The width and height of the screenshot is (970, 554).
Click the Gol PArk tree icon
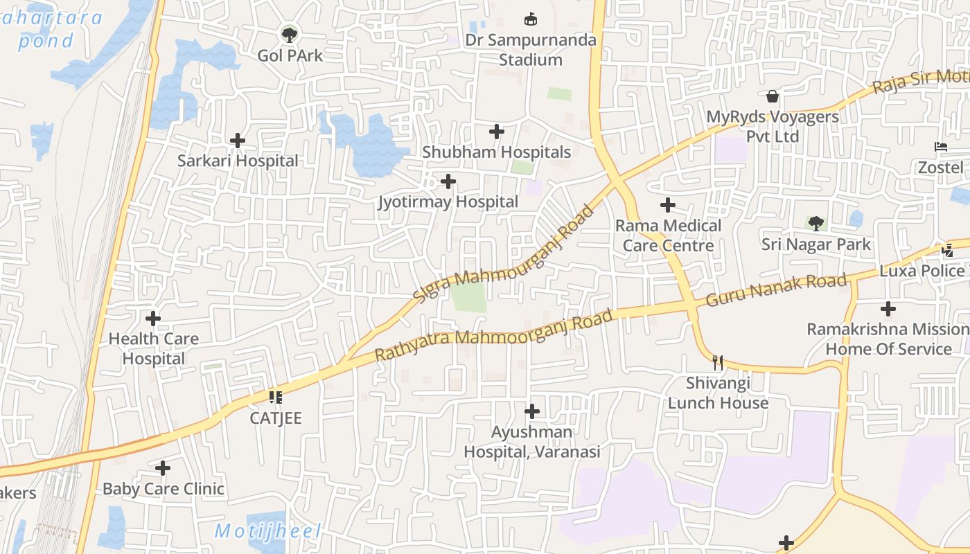coord(289,33)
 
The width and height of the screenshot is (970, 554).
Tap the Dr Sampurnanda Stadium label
coord(531,50)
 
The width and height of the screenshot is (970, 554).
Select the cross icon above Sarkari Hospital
coord(238,141)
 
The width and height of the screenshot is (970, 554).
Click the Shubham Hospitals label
coord(496,152)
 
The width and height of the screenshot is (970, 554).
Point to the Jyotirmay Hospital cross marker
coord(448,181)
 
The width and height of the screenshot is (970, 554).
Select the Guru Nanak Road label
coord(776,290)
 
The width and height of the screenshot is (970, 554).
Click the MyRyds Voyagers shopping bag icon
coord(773,96)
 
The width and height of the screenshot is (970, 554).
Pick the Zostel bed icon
coord(940,147)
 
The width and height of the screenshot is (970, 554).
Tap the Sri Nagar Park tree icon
coord(816,223)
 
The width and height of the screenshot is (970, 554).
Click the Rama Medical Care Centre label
coord(668,235)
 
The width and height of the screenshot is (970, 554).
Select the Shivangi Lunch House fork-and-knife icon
coord(718,361)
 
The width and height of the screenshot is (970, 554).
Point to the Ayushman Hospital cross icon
coord(531,411)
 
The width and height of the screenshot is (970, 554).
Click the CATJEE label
coord(276,418)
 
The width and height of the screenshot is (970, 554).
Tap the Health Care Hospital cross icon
coord(153,319)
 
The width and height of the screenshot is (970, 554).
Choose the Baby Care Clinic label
coord(164,489)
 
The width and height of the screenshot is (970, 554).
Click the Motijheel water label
coord(267,532)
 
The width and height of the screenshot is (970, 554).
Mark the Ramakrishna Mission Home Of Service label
coord(888,339)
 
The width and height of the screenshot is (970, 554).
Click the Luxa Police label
coord(921,271)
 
